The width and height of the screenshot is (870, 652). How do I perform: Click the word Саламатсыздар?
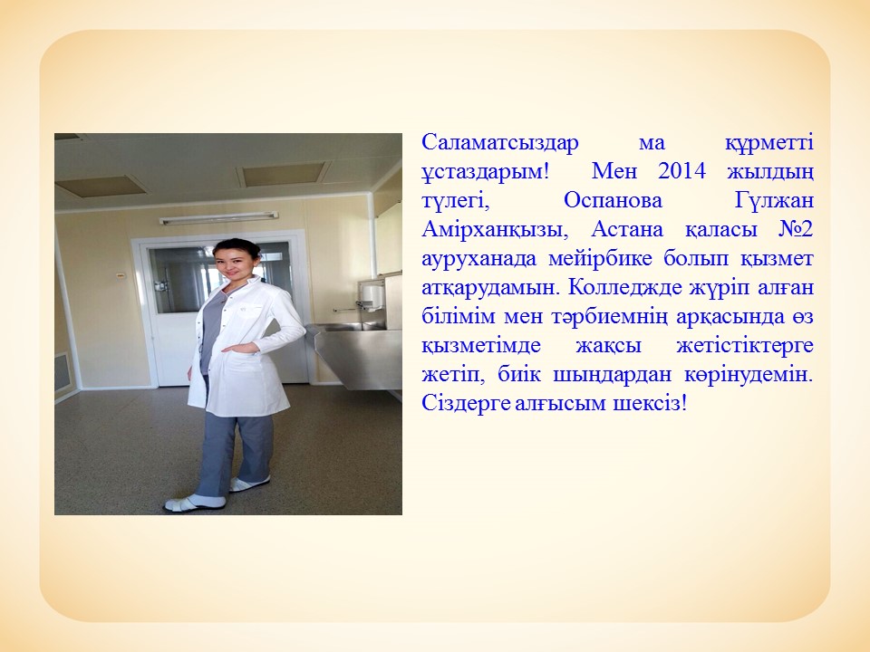(x=500, y=142)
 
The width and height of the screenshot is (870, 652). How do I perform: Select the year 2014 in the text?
(x=681, y=171)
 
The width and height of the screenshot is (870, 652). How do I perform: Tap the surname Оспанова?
(x=614, y=200)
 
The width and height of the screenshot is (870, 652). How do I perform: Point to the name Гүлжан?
(x=774, y=200)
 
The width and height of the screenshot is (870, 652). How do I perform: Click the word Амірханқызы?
(x=495, y=229)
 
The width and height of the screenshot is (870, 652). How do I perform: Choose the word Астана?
(x=627, y=229)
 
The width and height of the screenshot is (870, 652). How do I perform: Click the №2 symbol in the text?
(x=796, y=229)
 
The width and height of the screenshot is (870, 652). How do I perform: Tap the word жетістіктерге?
(x=745, y=345)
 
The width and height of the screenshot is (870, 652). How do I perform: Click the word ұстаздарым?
(x=486, y=172)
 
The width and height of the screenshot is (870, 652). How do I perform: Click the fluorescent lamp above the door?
(x=218, y=218)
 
